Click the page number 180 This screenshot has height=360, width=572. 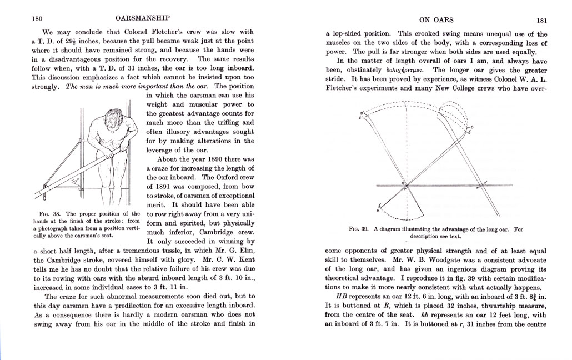pos(37,18)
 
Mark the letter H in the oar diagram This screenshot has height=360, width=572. pos(378,211)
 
